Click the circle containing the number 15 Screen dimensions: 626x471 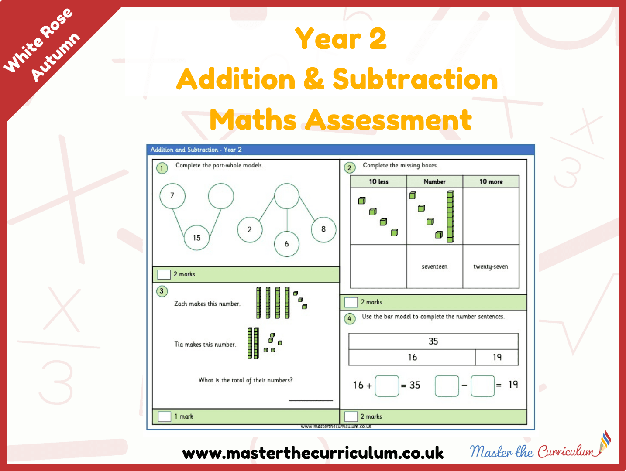click(196, 238)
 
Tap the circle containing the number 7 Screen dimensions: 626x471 click(172, 196)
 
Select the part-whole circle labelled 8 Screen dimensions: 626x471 click(323, 229)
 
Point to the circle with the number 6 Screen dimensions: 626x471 click(287, 244)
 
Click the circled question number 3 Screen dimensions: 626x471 click(162, 291)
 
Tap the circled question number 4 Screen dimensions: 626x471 click(349, 318)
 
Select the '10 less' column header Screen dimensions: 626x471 click(378, 181)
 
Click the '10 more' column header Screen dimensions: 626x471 click(491, 181)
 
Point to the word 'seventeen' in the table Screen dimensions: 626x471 click(434, 266)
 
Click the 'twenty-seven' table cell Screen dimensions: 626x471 click(491, 266)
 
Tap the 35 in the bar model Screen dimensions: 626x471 click(433, 341)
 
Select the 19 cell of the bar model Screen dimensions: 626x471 click(497, 357)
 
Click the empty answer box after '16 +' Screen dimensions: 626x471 click(387, 386)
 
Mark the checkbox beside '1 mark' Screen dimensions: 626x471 click(164, 416)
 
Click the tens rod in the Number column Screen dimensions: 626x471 click(451, 217)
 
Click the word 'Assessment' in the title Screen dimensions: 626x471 click(388, 120)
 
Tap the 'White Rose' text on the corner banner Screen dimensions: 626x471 click(38, 40)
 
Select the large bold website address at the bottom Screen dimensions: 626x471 click(313, 453)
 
